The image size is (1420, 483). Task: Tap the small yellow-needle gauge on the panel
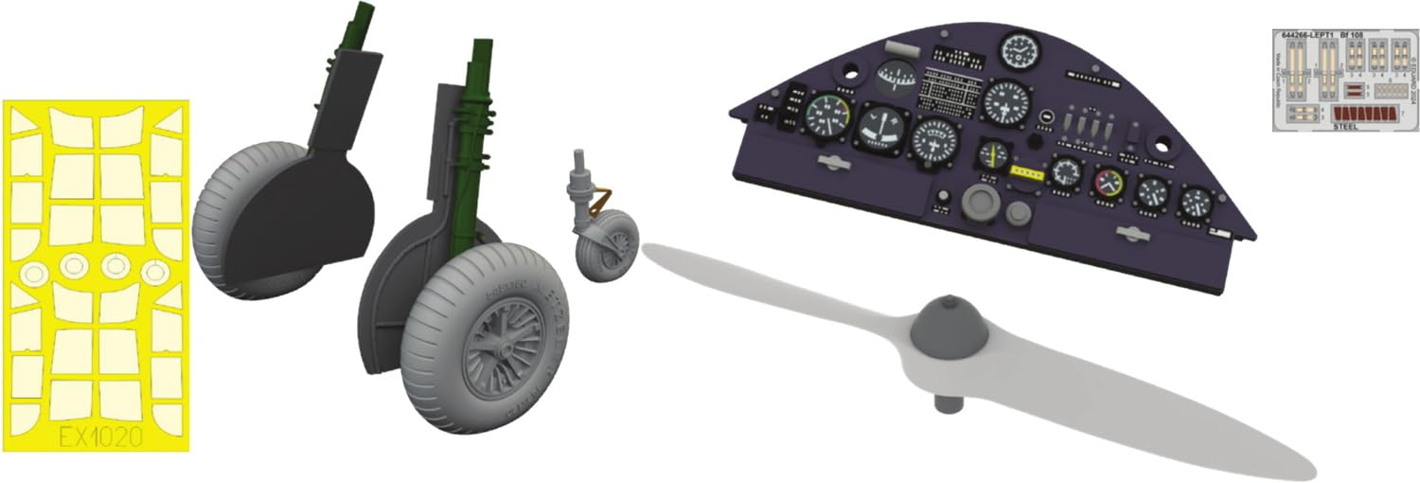[x=993, y=153]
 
